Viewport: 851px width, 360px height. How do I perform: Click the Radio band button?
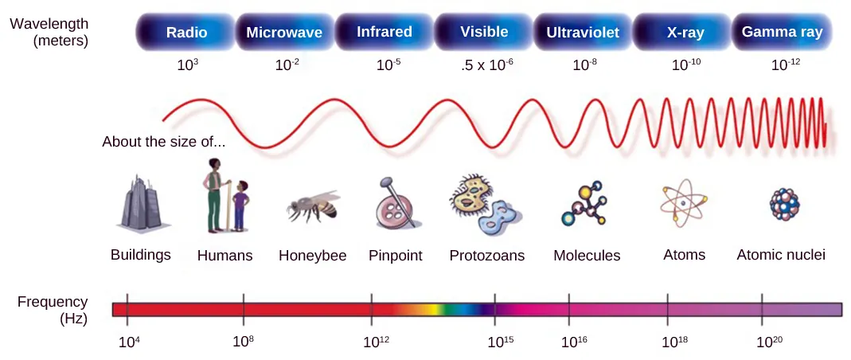(187, 33)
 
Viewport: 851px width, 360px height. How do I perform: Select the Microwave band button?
(284, 33)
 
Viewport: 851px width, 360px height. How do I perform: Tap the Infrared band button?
(385, 32)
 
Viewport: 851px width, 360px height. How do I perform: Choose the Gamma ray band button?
(782, 32)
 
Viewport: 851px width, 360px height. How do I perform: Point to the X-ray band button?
(683, 33)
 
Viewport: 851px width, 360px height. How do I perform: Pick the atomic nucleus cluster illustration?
(784, 204)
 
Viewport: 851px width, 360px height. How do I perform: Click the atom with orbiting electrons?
(683, 204)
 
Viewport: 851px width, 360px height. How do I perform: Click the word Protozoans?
(486, 256)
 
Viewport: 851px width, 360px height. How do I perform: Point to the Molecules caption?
(587, 256)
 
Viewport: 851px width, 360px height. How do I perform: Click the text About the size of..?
(163, 143)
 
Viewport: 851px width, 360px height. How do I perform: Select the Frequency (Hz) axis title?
(53, 310)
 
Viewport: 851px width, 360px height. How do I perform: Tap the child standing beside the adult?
(241, 205)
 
